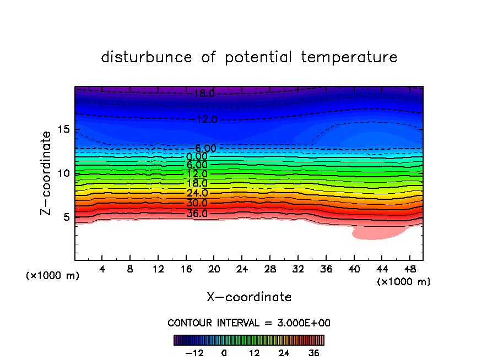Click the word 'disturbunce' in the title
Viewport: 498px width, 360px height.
pyautogui.click(x=147, y=57)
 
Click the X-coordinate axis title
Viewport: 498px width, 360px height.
pyautogui.click(x=249, y=297)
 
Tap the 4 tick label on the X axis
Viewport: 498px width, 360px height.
pyautogui.click(x=102, y=270)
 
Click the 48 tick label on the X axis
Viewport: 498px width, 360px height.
pyautogui.click(x=409, y=270)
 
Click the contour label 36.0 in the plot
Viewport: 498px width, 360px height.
pyautogui.click(x=197, y=213)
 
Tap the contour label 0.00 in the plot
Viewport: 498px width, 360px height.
pyautogui.click(x=197, y=156)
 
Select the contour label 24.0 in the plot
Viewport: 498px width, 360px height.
pyautogui.click(x=197, y=193)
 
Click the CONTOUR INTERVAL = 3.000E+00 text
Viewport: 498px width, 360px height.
pyautogui.click(x=249, y=323)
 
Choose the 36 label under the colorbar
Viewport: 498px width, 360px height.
pyautogui.click(x=313, y=353)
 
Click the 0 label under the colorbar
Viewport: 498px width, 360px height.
pyautogui.click(x=224, y=353)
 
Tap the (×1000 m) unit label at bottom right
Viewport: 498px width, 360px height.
pyautogui.click(x=404, y=282)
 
